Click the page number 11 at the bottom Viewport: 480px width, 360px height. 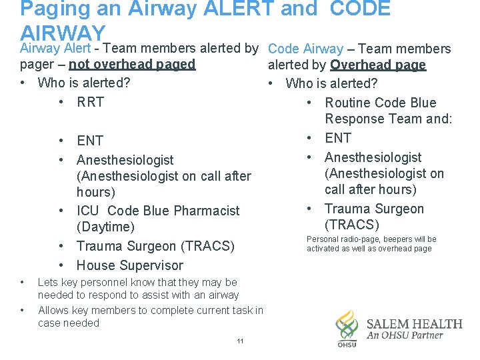coord(240,341)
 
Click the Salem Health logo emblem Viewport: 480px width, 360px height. coord(347,327)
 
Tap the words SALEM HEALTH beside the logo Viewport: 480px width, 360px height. coord(414,324)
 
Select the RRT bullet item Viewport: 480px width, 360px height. coord(90,102)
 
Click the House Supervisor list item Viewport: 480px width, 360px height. coord(129,265)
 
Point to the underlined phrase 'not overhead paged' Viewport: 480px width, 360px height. coord(132,65)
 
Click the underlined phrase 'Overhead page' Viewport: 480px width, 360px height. coord(378,65)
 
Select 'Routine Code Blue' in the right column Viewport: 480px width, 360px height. coord(380,103)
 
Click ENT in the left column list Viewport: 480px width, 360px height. coord(90,141)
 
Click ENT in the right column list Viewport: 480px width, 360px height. coord(338,138)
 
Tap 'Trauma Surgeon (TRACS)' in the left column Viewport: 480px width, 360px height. coord(155,246)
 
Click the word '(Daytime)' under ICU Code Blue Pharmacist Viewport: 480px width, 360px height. coord(105,227)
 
